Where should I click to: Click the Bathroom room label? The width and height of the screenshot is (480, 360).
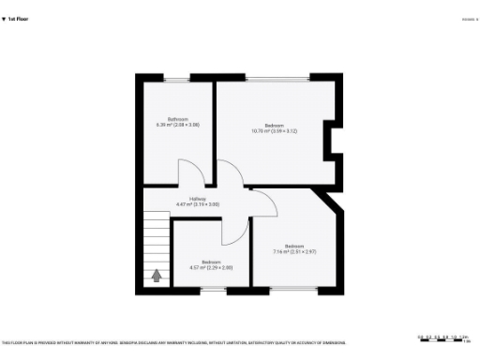pos(177,119)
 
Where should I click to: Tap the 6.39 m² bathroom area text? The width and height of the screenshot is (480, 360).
pos(177,125)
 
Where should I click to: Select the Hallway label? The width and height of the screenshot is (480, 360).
pos(197,198)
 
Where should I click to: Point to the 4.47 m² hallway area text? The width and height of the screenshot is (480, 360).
pos(197,203)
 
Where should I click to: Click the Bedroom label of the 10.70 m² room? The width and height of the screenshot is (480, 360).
pos(274,126)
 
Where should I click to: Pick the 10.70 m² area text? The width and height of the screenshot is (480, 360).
pos(274,131)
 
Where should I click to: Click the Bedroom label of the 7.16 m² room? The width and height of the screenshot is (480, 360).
pos(294,246)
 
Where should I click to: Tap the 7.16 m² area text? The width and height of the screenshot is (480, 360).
pos(294,251)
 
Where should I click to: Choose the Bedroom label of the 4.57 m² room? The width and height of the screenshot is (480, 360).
pos(211,262)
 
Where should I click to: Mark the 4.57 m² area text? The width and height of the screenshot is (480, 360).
pos(211,267)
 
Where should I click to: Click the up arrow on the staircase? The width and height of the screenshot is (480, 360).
pos(156,275)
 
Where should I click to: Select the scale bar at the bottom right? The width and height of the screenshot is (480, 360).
pos(443,339)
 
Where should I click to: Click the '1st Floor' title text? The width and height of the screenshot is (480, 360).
pos(18,18)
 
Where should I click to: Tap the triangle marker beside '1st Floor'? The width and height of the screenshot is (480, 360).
pos(4,18)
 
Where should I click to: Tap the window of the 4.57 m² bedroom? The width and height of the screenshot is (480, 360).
pos(213,288)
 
